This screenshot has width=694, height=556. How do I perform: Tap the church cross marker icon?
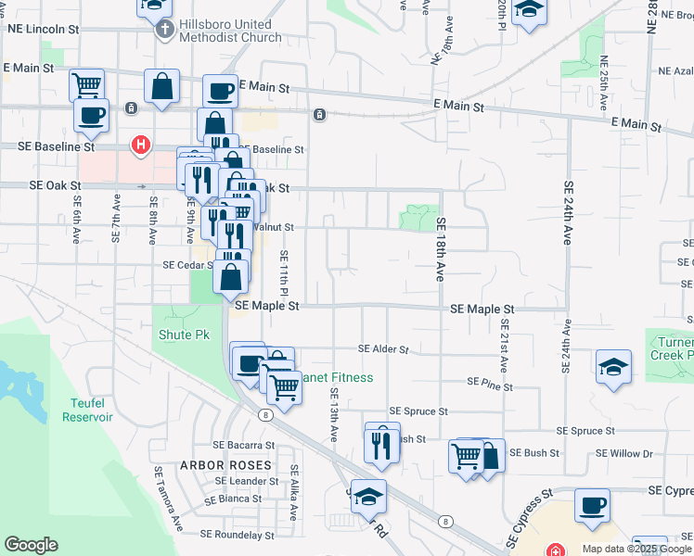pyautogui.click(x=163, y=29)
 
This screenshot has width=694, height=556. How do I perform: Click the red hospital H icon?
pyautogui.click(x=140, y=145)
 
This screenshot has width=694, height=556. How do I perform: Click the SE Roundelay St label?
pyautogui.click(x=238, y=535)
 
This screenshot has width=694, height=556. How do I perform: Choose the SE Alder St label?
pyautogui.click(x=384, y=349)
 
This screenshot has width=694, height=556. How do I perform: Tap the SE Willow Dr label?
pyautogui.click(x=624, y=453)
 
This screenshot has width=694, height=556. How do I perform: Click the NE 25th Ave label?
pyautogui.click(x=604, y=81)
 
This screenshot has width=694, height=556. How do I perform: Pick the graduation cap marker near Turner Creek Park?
pyautogui.click(x=614, y=365)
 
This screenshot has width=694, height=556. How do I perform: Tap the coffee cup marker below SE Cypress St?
pyautogui.click(x=592, y=505)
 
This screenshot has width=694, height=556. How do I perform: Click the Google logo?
pyautogui.click(x=31, y=545)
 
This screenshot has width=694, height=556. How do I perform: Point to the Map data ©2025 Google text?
pyautogui.click(x=624, y=549)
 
